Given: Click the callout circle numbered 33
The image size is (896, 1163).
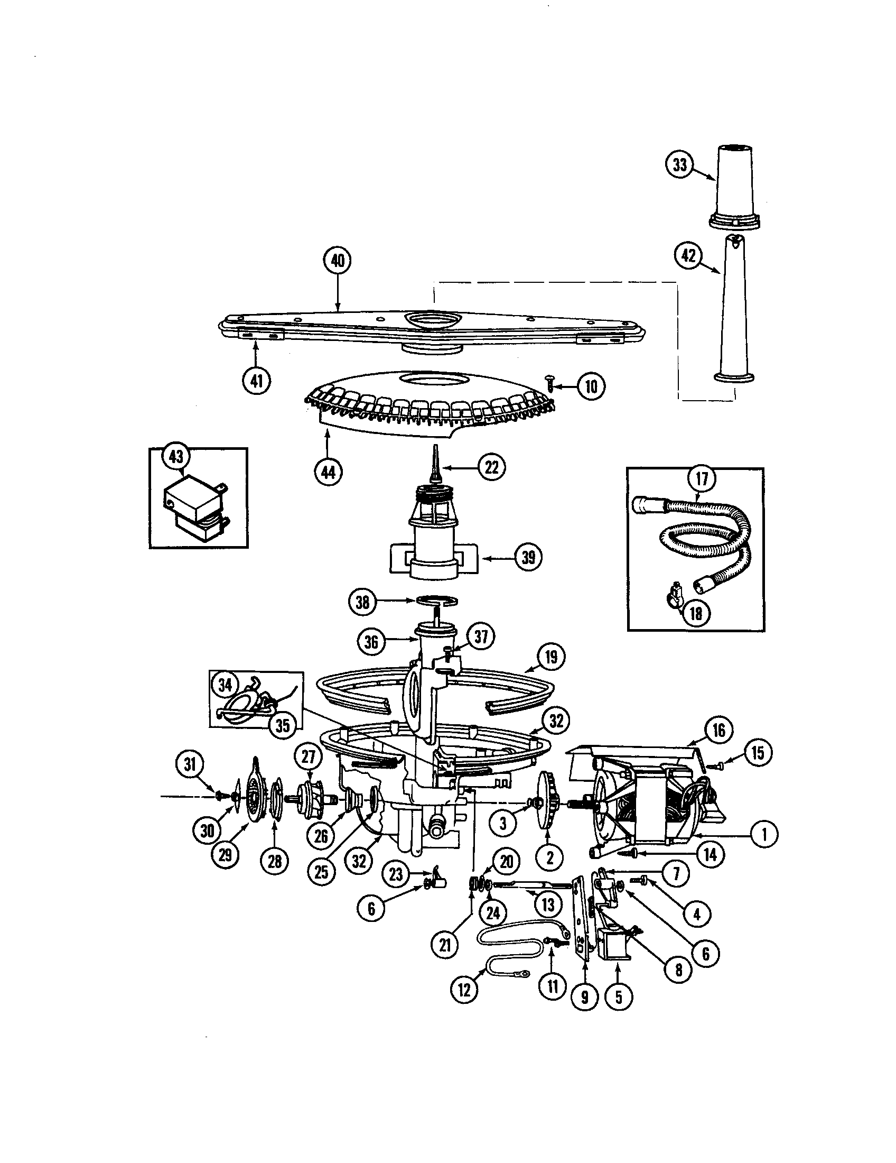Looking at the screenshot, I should tap(680, 164).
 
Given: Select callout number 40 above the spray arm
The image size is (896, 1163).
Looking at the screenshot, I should tap(338, 261).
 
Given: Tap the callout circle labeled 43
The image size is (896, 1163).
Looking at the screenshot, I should tap(175, 456).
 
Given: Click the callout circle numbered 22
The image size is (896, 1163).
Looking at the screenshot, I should tap(491, 467).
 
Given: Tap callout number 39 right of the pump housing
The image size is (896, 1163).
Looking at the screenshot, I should tap(528, 558).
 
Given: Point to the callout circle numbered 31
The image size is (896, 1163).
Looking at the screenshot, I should tap(190, 765).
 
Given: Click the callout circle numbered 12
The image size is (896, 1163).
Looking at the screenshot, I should tap(464, 990).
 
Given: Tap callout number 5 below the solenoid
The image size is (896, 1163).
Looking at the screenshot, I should tap(618, 996).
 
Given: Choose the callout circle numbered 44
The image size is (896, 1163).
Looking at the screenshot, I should tap(328, 472).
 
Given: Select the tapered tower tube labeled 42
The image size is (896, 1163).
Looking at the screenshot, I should tap(733, 314).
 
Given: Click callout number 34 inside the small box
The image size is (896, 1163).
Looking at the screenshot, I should tap(226, 685).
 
